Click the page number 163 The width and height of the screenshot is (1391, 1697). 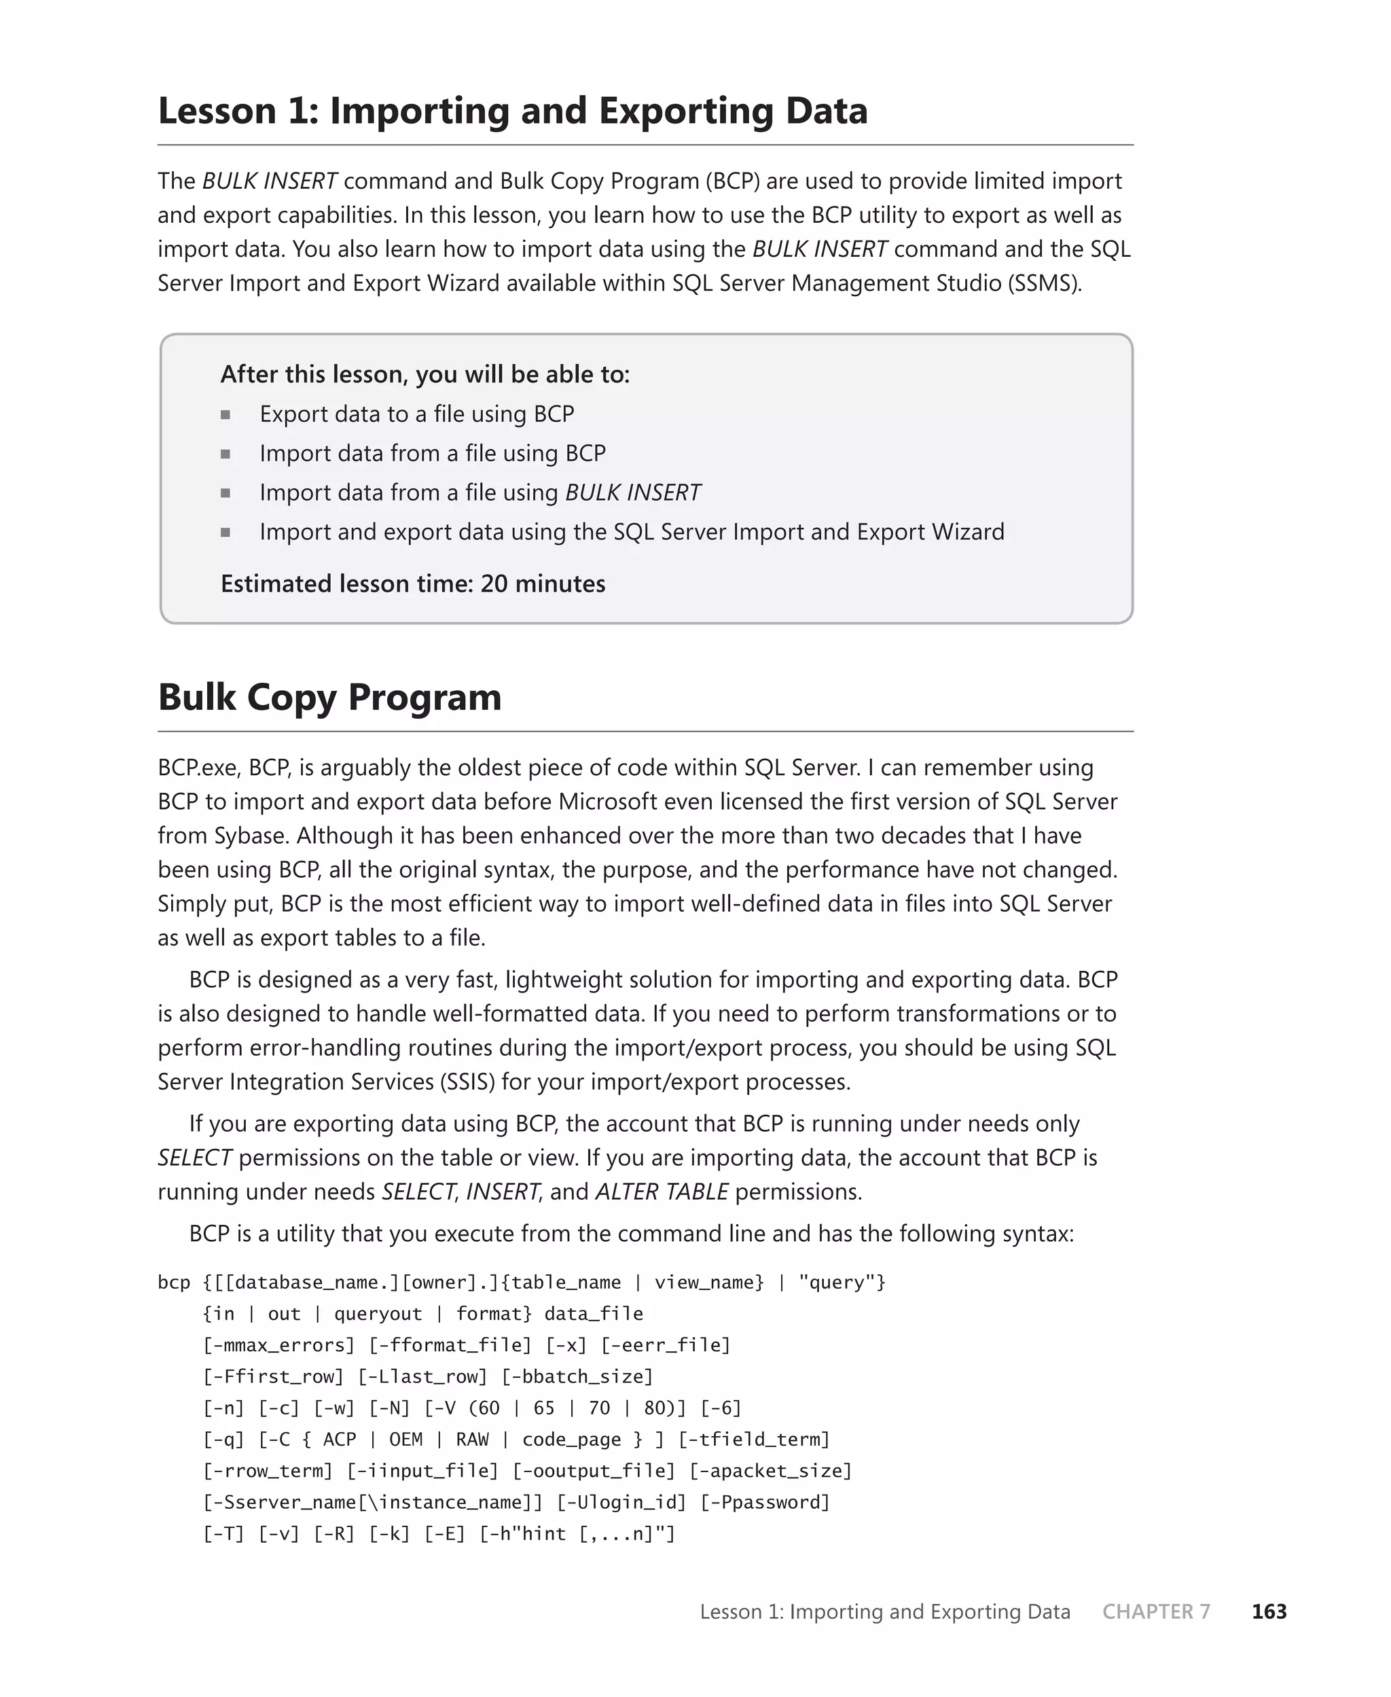pyautogui.click(x=1269, y=1611)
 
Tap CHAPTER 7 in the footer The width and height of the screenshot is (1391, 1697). pyautogui.click(x=1155, y=1611)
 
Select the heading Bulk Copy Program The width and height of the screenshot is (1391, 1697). pyautogui.click(x=329, y=696)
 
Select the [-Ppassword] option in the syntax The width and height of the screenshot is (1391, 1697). pyautogui.click(x=765, y=1502)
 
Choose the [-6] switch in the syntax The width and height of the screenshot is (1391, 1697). pyautogui.click(x=721, y=1408)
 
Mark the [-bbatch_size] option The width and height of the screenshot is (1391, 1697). pyautogui.click(x=577, y=1376)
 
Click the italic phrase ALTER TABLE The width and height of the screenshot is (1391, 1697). pyautogui.click(x=662, y=1192)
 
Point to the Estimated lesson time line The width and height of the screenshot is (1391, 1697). pyautogui.click(x=413, y=584)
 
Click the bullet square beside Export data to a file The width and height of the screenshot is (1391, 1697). pyautogui.click(x=226, y=414)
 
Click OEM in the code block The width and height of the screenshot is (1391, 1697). pyautogui.click(x=405, y=1440)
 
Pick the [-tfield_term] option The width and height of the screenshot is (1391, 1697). pyautogui.click(x=754, y=1440)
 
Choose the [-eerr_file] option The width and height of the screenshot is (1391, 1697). pyautogui.click(x=666, y=1345)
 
